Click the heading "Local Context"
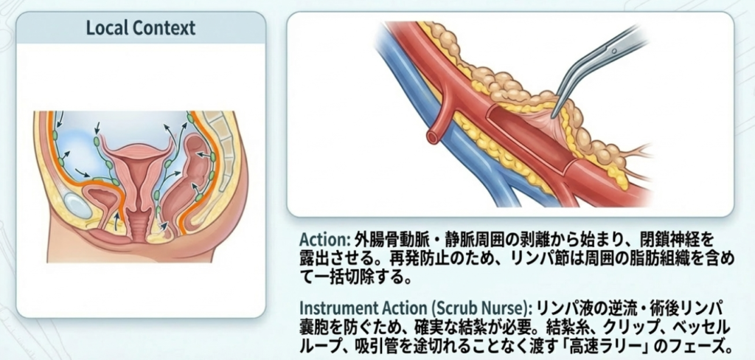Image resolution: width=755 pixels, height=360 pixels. click(140, 29)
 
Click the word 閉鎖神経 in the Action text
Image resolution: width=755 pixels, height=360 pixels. click(667, 240)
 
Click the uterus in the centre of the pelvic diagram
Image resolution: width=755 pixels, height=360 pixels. click(137, 177)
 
